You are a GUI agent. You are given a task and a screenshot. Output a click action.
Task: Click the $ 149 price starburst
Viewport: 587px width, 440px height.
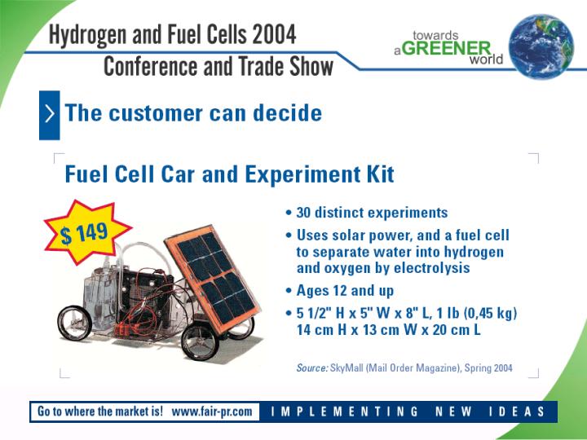coord(87,232)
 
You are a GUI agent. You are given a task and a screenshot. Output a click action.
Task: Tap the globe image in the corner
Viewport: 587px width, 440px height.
coord(541,46)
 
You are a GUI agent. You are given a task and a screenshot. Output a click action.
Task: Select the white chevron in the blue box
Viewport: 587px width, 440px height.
coord(50,114)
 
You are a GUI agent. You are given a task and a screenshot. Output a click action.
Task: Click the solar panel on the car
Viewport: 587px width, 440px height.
coord(214,279)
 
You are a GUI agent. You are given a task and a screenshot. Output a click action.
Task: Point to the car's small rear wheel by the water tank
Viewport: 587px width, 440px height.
coord(74,323)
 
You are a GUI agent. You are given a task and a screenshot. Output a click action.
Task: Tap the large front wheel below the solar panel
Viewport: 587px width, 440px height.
coord(200,342)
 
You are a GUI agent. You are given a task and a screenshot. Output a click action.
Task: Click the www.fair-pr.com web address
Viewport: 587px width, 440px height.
coord(212,411)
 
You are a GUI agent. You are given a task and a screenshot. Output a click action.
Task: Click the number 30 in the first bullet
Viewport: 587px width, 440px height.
coord(303,213)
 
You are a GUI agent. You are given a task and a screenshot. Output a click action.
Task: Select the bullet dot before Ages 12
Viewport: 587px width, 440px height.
coord(289,290)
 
